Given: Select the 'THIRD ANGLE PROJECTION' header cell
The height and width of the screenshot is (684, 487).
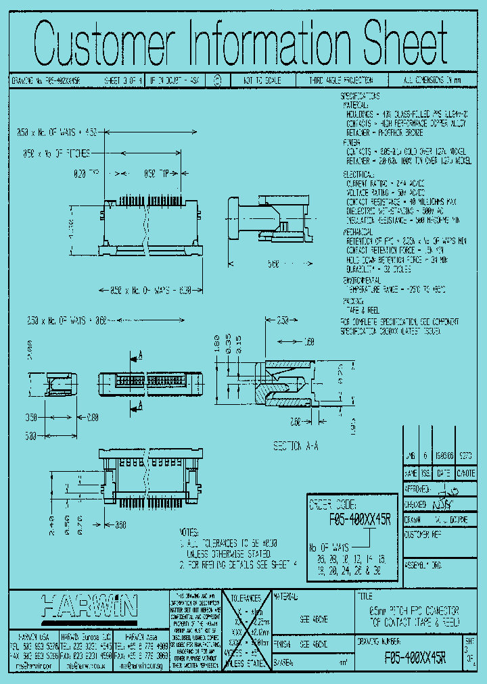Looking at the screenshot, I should (336, 80).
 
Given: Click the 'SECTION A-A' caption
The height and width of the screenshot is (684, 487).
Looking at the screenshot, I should (296, 447).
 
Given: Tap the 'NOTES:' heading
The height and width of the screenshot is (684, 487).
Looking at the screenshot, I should (189, 532).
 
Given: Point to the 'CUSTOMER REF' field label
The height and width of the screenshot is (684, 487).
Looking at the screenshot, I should (424, 534).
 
